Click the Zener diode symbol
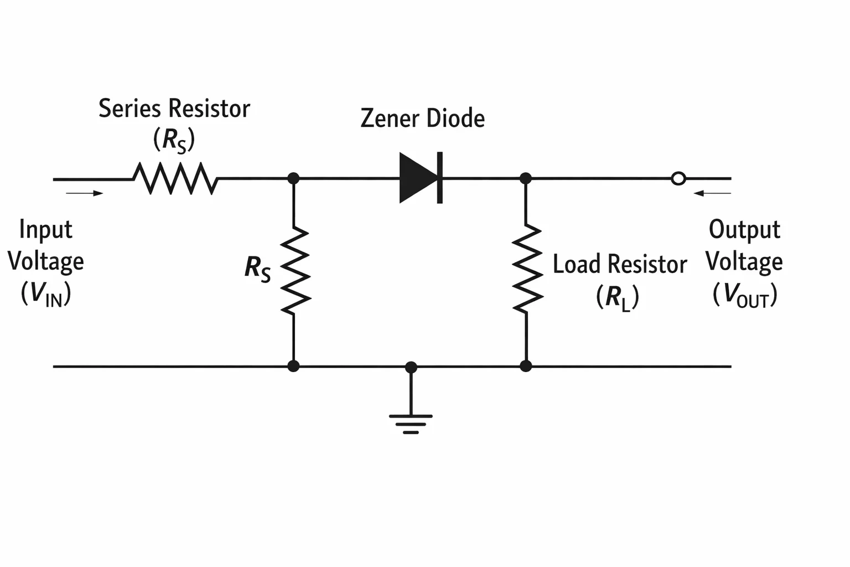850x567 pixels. (x=421, y=178)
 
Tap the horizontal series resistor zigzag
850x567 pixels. (x=175, y=178)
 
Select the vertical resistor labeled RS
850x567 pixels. (x=295, y=270)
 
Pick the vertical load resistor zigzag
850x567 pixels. (x=527, y=269)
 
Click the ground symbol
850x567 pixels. (x=411, y=424)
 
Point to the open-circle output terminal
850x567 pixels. (x=678, y=178)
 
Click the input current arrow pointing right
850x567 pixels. (x=84, y=193)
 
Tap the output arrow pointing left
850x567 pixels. (x=712, y=193)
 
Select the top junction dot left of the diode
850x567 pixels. (x=293, y=178)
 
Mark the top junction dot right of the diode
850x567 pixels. (x=526, y=178)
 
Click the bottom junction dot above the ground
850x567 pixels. (x=411, y=367)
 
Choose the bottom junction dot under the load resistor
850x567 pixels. (x=526, y=366)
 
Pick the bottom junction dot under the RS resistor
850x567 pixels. (x=293, y=366)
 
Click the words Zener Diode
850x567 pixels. (x=422, y=118)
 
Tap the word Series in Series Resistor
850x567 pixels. (x=129, y=108)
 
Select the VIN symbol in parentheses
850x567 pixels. (x=46, y=293)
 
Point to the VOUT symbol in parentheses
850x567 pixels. (x=745, y=295)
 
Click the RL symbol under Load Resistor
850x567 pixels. (x=618, y=297)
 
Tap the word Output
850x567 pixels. (x=744, y=230)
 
